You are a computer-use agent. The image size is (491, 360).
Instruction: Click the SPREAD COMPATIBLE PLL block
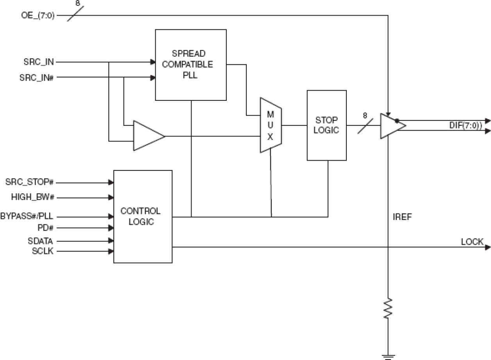point(191,64)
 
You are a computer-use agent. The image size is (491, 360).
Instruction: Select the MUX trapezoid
point(271,125)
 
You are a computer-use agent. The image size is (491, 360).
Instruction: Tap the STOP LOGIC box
point(326,125)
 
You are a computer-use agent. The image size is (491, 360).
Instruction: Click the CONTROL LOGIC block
point(143,216)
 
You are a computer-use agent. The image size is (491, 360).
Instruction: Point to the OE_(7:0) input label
point(38,16)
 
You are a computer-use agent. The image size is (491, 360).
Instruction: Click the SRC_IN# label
point(36,77)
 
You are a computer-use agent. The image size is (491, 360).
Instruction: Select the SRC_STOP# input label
point(29,182)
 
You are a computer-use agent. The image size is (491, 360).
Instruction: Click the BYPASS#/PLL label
point(27,216)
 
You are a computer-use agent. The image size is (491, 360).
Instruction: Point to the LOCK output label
point(472,242)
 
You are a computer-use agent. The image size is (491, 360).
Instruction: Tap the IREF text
point(402,217)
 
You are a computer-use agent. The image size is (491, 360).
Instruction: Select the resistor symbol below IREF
point(388,308)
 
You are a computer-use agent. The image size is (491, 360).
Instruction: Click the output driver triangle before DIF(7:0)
point(391,125)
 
